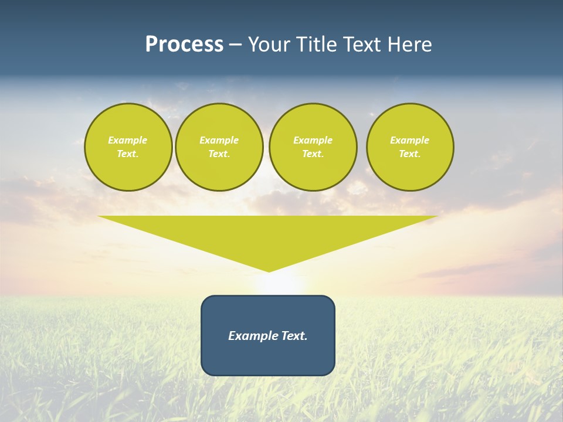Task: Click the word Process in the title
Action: point(184,45)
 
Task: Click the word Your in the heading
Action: point(270,45)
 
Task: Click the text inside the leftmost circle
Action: point(128,147)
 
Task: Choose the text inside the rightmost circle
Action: point(410,147)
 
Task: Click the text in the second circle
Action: point(219,147)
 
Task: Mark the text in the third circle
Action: point(313,147)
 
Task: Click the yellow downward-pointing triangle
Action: point(268,234)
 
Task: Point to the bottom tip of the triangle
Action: point(269,271)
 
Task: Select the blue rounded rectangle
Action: point(268,358)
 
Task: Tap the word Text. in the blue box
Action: point(294,336)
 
